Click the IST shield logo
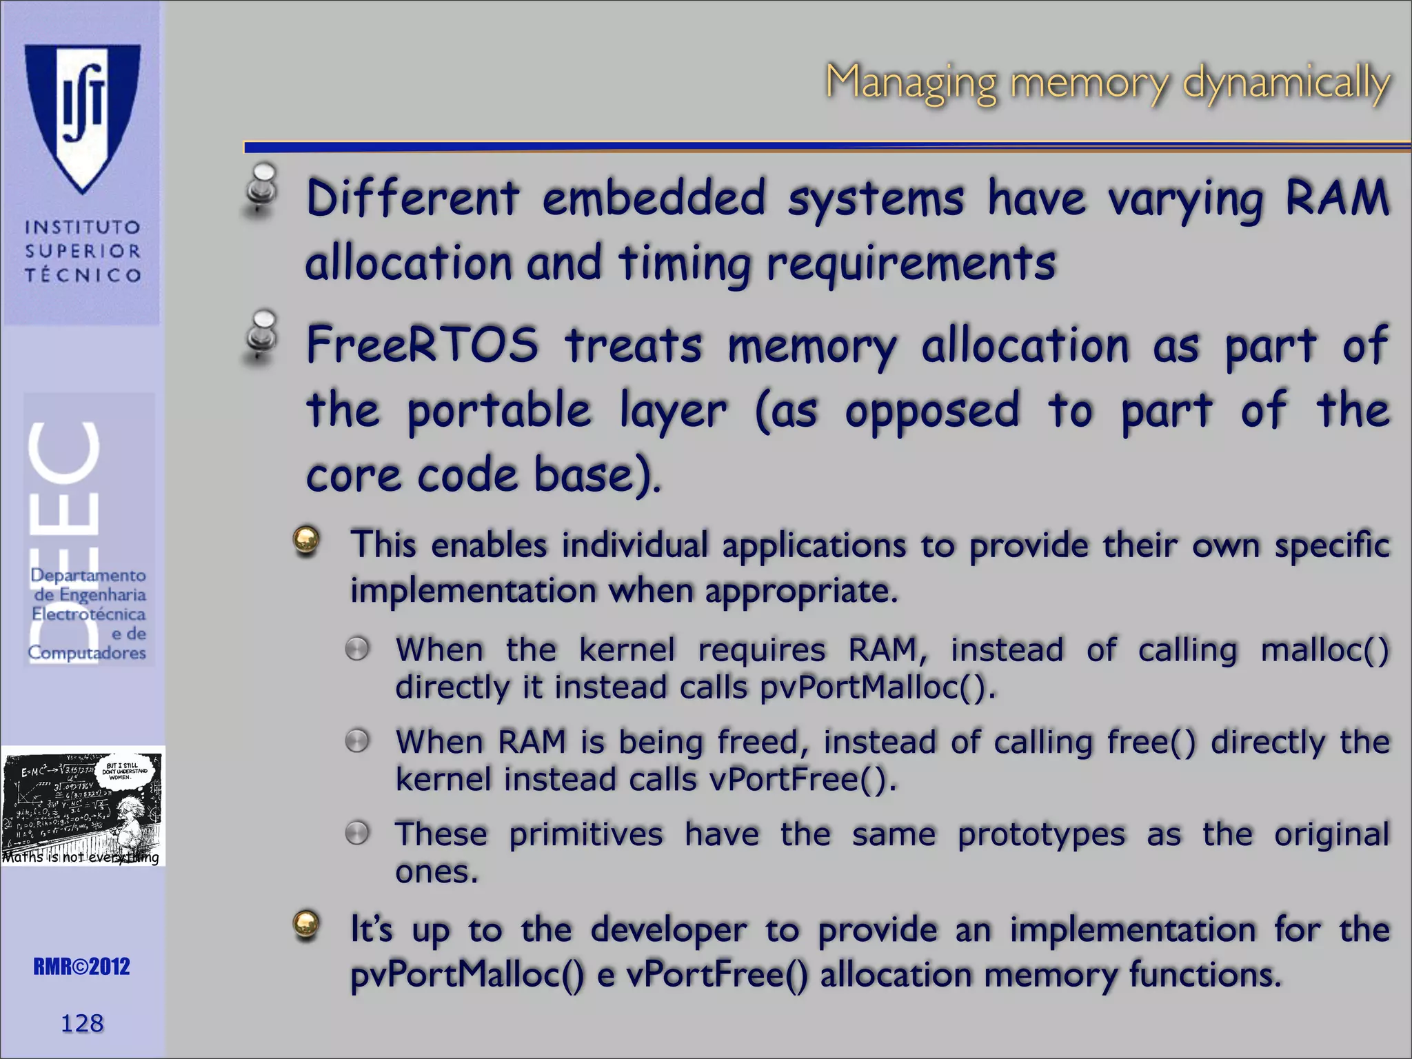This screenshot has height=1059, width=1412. coord(83,114)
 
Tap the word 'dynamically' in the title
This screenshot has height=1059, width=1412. coord(1287,83)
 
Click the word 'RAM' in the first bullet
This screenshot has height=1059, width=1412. coord(1337,197)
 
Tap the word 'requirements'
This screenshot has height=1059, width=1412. coord(911,264)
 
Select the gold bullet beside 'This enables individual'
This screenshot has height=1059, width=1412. coord(306,541)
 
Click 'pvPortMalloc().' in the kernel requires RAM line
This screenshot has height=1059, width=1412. coord(878,687)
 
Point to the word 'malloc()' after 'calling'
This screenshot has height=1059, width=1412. coord(1324,650)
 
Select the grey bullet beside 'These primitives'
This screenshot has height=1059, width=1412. coord(357,833)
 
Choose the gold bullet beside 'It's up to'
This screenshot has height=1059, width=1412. coord(306,925)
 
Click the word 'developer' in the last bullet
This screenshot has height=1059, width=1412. coord(668,930)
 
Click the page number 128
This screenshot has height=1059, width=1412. coord(82,1023)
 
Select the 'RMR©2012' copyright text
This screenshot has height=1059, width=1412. coord(81,967)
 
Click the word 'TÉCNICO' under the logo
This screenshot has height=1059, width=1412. coord(83,275)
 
